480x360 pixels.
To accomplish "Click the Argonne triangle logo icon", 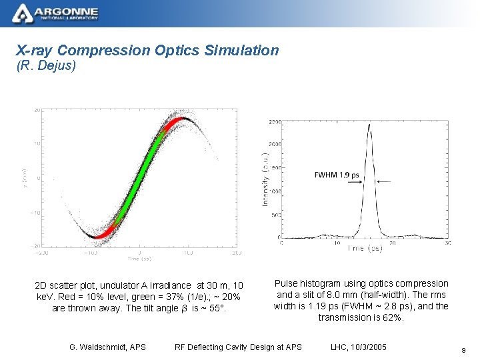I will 22,12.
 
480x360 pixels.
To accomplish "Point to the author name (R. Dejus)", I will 46,66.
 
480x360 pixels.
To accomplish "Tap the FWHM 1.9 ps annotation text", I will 337,175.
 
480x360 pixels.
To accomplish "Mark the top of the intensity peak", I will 370,124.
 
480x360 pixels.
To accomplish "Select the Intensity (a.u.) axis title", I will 265,178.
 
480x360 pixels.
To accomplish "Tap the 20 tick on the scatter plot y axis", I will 37,110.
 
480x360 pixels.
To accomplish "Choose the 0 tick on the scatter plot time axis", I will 139,254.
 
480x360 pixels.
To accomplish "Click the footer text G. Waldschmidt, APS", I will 107,347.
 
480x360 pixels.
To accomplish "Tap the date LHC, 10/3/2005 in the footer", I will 358,347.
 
